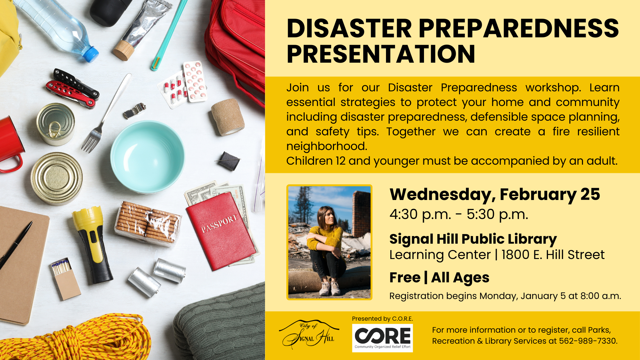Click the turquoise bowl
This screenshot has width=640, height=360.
click(x=147, y=157)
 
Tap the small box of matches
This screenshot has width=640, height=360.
click(x=66, y=278)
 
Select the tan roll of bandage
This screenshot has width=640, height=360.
click(x=228, y=117)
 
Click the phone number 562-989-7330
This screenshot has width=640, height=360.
click(x=588, y=341)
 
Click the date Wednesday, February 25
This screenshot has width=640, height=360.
click(x=495, y=194)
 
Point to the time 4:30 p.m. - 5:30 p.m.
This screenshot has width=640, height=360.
click(x=459, y=214)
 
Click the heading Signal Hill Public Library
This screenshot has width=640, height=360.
click(x=473, y=239)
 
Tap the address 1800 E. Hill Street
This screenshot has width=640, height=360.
click(x=553, y=255)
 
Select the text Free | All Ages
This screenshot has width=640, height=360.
click(x=439, y=278)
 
